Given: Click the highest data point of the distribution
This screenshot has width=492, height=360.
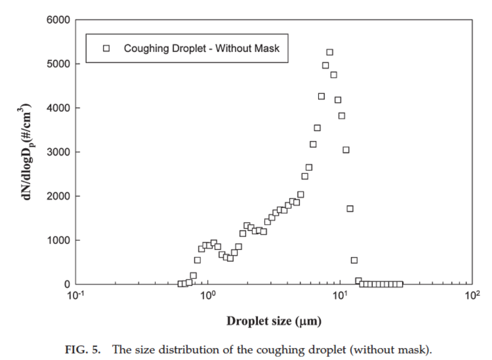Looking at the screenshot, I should tap(330, 52).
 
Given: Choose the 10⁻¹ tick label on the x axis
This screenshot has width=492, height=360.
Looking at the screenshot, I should tap(76, 296).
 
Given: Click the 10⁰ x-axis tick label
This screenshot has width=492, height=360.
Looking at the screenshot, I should tap(208, 296).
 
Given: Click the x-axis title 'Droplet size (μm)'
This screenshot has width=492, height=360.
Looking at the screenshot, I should tap(274, 322).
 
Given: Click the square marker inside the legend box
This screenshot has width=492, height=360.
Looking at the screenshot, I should tap(106, 49).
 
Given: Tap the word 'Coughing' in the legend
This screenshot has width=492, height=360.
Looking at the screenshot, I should tap(143, 49).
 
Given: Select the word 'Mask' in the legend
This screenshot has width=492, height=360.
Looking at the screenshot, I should tap(268, 49).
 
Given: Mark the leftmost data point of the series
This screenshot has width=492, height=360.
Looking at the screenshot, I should tap(181, 284).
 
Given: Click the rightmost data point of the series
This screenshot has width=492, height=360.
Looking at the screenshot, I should tap(400, 284).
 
